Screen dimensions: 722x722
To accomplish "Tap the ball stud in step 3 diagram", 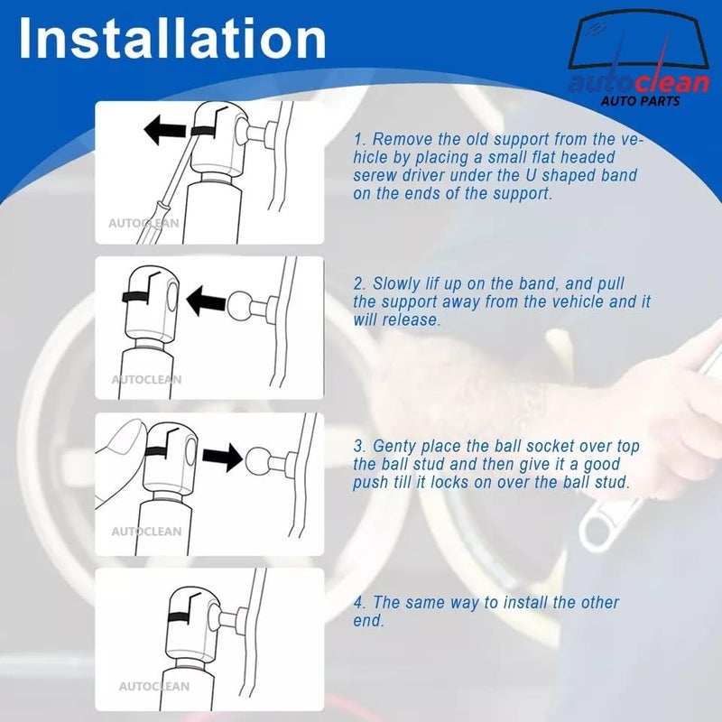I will coord(260,457).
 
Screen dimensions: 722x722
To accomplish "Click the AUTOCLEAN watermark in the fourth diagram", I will coord(154,686).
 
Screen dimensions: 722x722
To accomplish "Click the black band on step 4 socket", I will coord(186,617).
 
